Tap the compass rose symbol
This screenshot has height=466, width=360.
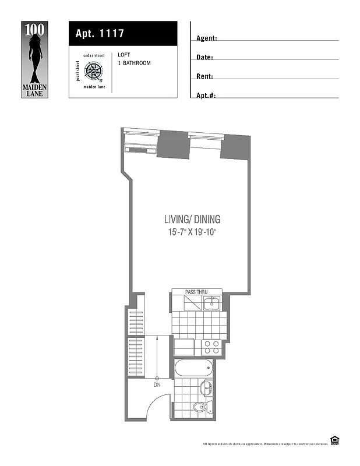click(93, 71)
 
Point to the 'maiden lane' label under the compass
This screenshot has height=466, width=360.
click(93, 86)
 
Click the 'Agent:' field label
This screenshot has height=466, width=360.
click(206, 38)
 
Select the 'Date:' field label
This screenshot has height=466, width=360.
click(204, 58)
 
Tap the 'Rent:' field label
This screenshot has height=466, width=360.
click(204, 76)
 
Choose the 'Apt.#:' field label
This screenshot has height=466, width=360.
click(206, 95)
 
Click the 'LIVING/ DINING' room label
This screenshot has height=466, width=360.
click(192, 220)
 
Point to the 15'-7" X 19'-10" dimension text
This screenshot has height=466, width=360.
click(192, 232)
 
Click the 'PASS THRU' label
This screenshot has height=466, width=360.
click(196, 292)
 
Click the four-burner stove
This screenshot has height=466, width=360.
click(211, 348)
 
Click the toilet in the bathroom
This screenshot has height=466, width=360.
click(200, 407)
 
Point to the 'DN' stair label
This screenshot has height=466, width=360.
click(157, 385)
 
